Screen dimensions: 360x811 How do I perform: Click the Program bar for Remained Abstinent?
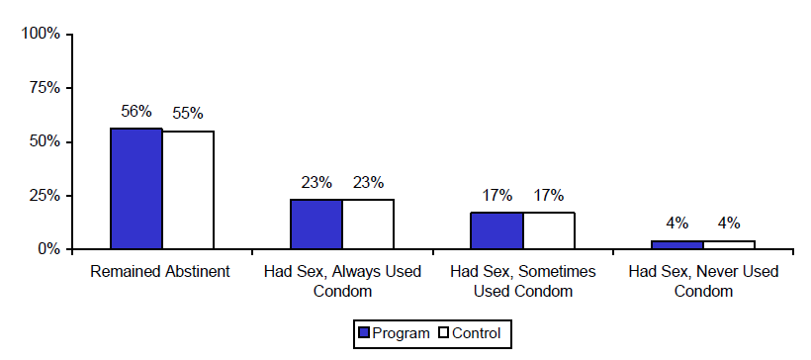point(136,188)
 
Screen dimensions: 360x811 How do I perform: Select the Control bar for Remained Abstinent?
point(188,190)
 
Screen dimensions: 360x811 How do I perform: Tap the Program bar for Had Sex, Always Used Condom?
point(316,225)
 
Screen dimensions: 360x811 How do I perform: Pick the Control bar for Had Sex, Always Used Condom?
point(368,225)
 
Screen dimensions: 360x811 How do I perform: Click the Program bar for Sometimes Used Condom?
point(496,230)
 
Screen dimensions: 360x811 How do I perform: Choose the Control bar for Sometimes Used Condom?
point(548,230)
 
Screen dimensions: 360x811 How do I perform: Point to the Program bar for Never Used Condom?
point(676,244)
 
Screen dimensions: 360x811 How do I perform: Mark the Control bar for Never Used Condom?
point(729,244)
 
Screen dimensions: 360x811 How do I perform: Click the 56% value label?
point(135,112)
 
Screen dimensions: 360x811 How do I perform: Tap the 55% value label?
point(188,113)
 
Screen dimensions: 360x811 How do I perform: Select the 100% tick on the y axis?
point(42,34)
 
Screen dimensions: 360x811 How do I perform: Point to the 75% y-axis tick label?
point(45,88)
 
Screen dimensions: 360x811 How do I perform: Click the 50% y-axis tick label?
point(45,141)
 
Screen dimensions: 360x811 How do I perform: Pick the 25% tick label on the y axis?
point(45,196)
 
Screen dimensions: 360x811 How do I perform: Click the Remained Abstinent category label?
point(161,272)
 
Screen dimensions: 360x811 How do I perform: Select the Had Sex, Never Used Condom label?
point(703,281)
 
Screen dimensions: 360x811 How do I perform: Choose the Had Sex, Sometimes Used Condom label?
point(522,281)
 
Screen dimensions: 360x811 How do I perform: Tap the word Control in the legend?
point(476,333)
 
